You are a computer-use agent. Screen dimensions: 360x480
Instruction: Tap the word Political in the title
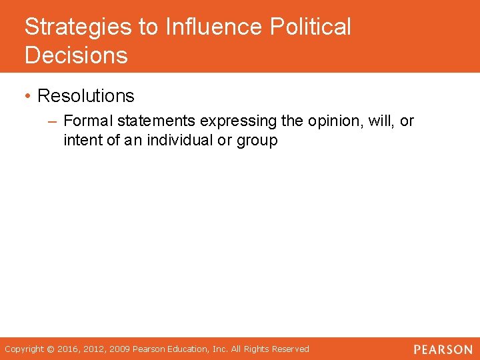point(311,27)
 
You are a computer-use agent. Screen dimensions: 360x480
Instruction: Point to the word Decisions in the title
point(76,55)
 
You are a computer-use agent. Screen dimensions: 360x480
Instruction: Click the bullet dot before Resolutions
point(28,96)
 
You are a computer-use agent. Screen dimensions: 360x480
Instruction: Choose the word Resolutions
point(86,96)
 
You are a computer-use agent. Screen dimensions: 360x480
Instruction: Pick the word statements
point(155,121)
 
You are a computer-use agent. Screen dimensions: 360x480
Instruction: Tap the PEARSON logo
point(441,349)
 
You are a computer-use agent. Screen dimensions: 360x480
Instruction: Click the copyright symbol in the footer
point(49,349)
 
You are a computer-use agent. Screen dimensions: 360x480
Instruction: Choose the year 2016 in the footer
point(67,349)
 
